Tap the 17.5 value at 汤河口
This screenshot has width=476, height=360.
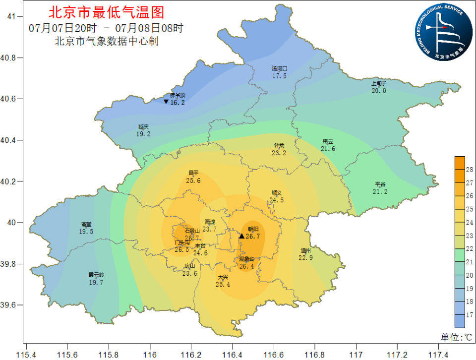(279, 76)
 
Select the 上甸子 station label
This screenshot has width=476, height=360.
(378, 84)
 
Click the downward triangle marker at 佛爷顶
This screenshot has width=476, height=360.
(166, 102)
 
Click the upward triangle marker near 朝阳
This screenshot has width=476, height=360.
(241, 236)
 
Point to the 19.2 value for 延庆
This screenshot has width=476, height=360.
(143, 134)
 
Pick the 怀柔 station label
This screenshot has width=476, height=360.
(279, 145)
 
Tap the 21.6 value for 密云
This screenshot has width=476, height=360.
(328, 149)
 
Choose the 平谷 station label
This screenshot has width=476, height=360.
(380, 184)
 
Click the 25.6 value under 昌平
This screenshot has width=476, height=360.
(193, 180)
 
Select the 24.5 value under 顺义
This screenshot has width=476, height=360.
(276, 200)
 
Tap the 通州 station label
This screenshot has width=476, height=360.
(305, 250)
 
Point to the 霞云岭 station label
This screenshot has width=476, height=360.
(96, 275)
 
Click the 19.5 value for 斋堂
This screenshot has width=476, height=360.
(86, 232)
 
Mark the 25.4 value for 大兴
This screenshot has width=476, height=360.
(223, 284)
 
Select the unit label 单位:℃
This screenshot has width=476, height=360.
(457, 337)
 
